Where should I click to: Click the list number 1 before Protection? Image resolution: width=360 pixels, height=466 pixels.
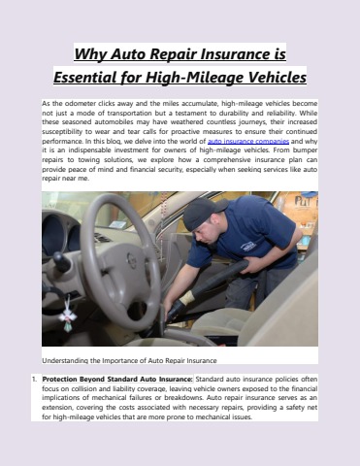click(34, 378)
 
